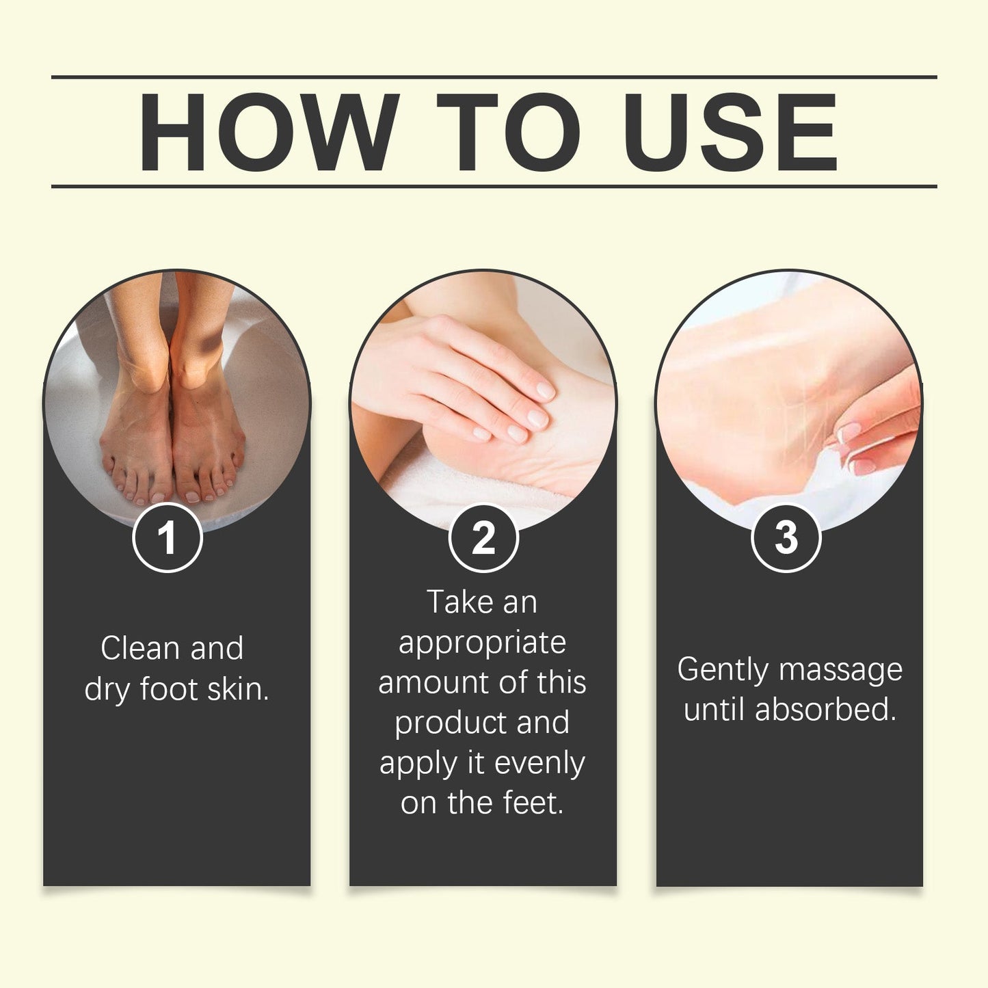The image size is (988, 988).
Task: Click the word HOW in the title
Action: coord(268,132)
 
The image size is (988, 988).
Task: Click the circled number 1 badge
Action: coord(167,537)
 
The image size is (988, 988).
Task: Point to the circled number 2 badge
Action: coord(483,538)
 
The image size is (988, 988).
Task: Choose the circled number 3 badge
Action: coord(786,537)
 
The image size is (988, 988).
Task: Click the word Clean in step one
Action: coord(140,648)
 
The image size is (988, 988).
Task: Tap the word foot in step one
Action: coord(169,689)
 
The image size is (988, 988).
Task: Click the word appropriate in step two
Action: coord(482,643)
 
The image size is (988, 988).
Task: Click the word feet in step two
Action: coord(533,803)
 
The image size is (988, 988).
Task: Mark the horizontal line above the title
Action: coord(494,77)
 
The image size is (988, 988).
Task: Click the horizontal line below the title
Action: coord(494,186)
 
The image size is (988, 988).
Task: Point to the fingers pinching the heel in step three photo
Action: coord(875,431)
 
